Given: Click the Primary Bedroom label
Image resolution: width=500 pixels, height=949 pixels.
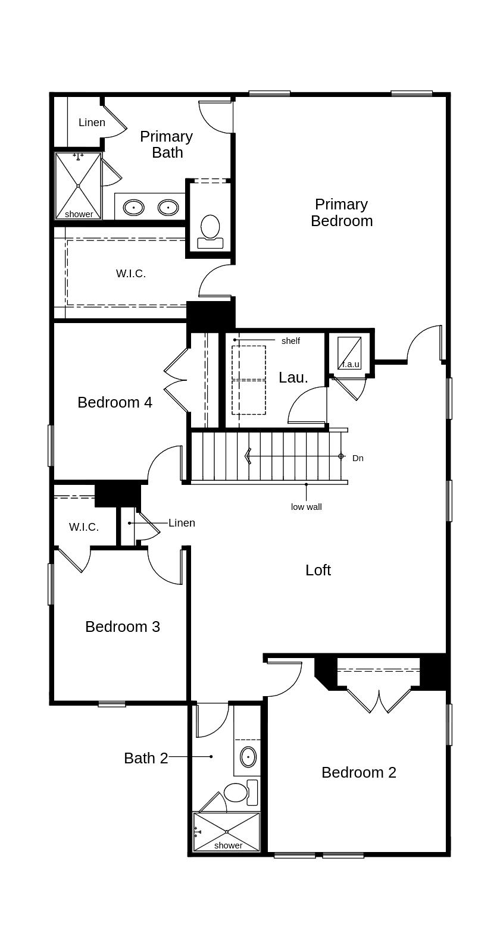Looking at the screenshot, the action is tap(342, 212).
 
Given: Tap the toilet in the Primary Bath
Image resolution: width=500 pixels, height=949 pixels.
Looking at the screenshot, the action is tap(210, 231).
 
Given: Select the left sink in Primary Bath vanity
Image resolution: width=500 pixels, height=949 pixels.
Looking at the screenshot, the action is tap(134, 208).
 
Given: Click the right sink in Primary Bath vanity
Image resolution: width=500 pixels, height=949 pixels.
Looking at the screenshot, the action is tap(168, 208).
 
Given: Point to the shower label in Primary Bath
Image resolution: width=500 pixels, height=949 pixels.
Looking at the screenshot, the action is tap(79, 214).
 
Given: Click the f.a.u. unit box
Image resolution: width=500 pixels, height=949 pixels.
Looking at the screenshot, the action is tap(349, 353).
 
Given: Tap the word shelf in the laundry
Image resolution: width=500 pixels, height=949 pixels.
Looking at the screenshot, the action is tap(290, 340).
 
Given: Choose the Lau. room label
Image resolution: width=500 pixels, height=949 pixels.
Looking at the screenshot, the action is tap(293, 377).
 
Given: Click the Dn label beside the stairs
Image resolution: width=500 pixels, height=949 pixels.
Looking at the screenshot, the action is tap(358, 458).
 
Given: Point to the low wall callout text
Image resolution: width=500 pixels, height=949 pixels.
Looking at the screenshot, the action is tap(307, 507).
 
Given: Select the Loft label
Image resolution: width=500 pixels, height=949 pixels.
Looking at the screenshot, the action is tap(318, 570).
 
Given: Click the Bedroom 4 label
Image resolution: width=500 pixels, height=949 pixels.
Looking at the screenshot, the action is tap(115, 402).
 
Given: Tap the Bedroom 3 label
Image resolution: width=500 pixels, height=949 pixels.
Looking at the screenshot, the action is tap(123, 627).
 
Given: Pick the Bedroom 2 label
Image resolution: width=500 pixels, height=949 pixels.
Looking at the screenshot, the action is tap(359, 772).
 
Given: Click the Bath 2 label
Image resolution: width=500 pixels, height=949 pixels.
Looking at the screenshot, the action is tap(146, 758).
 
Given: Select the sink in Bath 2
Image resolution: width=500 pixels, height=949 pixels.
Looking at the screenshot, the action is tap(248, 757).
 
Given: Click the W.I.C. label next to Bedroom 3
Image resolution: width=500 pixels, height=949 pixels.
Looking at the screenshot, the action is tap(84, 527).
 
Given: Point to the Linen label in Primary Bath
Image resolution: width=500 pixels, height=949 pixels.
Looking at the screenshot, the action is tap(92, 123).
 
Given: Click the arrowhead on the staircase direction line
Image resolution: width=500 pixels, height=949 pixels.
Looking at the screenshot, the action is tap(248, 456).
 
